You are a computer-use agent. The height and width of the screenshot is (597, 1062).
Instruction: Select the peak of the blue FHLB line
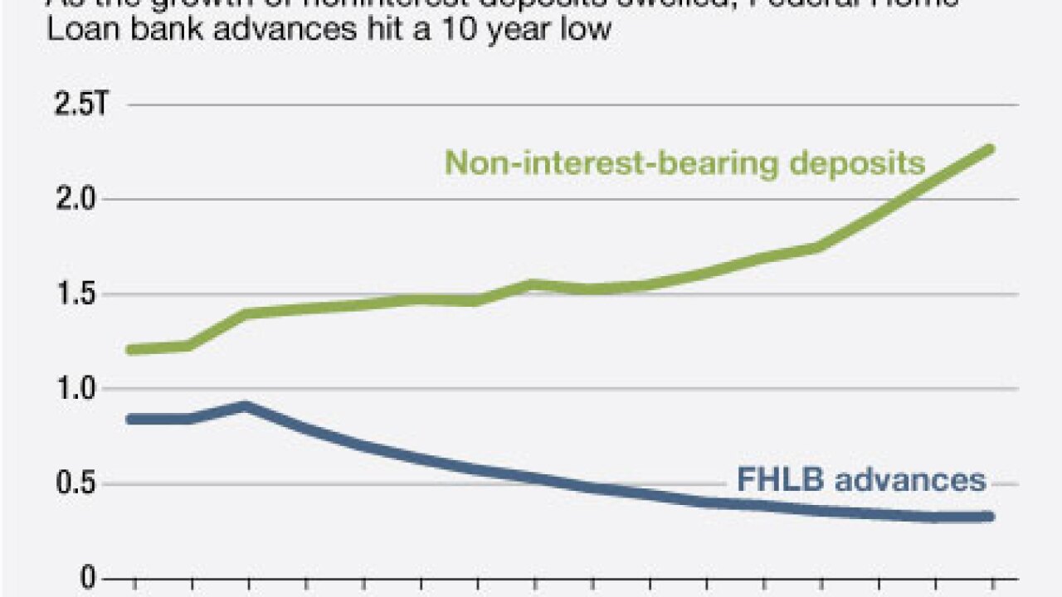(x=246, y=406)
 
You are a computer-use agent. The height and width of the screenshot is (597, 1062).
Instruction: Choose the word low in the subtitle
(x=588, y=31)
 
